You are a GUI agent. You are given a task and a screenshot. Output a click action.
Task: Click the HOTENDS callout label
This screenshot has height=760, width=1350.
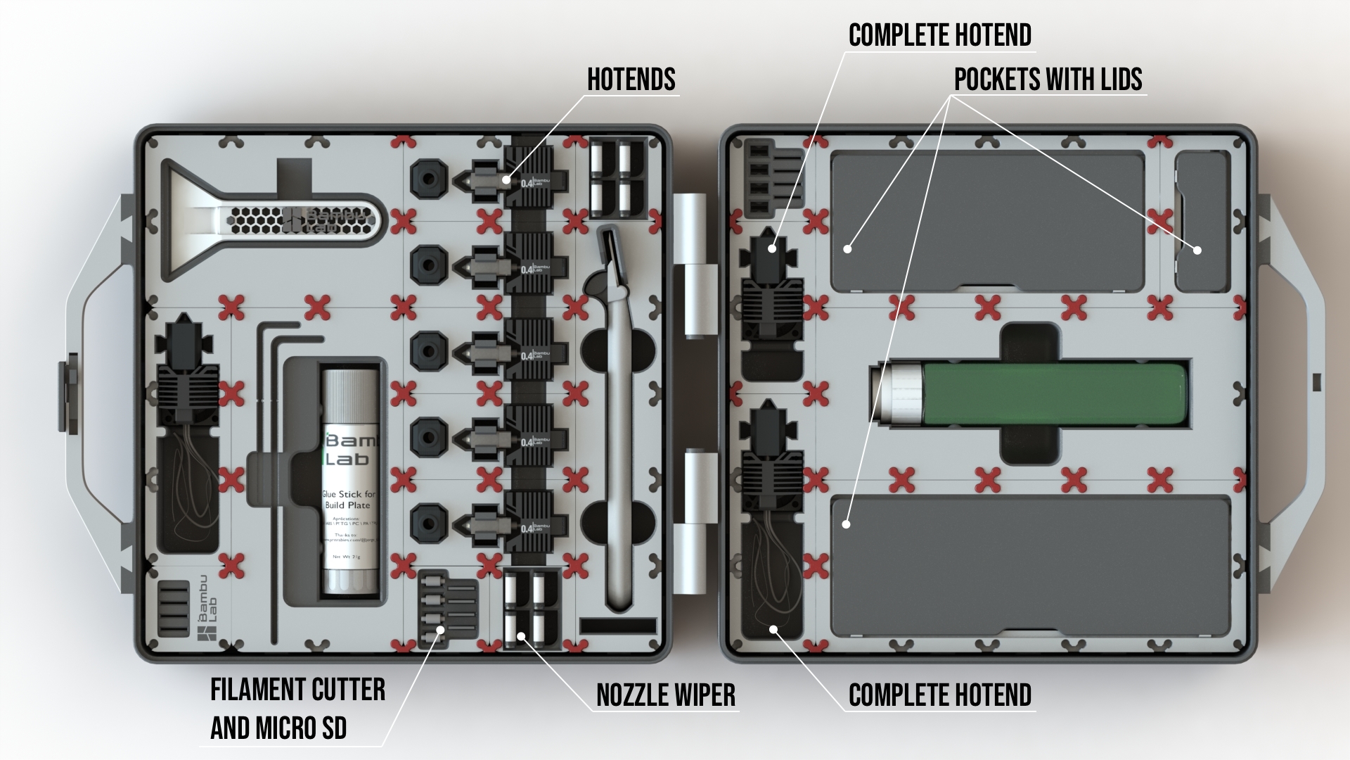click(x=631, y=80)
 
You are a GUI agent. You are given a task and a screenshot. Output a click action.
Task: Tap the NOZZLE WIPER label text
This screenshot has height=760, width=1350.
click(x=665, y=695)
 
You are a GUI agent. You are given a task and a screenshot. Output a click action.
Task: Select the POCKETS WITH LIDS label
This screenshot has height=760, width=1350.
click(x=1048, y=80)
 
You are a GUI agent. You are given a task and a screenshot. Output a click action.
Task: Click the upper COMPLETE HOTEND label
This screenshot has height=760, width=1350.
click(x=939, y=35)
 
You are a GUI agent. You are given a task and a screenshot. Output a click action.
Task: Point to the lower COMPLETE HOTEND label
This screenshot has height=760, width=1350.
click(x=939, y=695)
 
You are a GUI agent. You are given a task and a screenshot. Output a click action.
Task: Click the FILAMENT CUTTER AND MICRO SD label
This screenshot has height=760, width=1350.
click(x=297, y=709)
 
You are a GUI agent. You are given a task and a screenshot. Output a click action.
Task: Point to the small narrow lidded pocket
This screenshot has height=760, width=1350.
click(x=1202, y=222)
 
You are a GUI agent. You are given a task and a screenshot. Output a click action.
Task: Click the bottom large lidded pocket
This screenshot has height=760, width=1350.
click(x=1030, y=566)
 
